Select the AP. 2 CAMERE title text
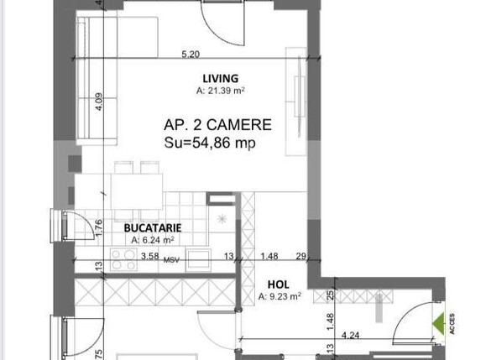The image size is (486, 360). point(217,124)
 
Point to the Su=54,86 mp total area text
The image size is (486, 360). point(210,143)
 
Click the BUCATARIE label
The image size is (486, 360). point(151,227)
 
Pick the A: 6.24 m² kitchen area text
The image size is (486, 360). point(151,239)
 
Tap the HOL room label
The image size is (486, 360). point(279,284)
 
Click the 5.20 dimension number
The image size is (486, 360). point(191,55)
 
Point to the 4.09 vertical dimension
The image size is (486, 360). point(99,102)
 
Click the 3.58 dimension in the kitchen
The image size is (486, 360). point(150,256)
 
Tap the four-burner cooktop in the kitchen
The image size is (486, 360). point(124,260)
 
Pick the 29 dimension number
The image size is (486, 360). point(300,256)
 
